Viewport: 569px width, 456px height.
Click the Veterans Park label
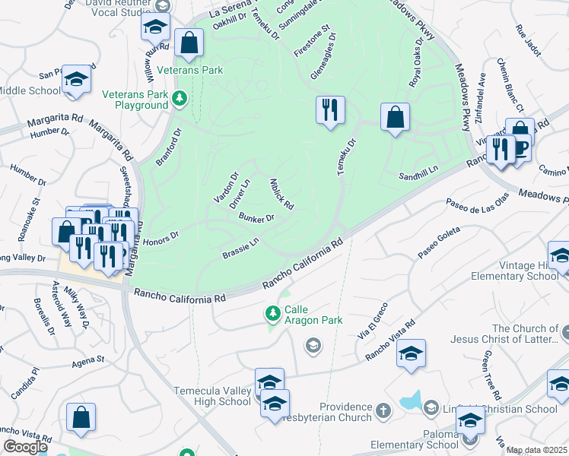point(189,70)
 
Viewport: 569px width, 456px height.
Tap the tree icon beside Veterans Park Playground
point(180,97)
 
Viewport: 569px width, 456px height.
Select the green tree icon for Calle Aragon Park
point(272,312)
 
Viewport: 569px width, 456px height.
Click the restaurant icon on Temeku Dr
point(330,110)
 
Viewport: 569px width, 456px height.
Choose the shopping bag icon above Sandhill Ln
point(395,117)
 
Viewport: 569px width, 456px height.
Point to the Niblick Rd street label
point(281,195)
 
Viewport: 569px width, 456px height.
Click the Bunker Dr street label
point(256,219)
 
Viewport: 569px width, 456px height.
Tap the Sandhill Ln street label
point(419,176)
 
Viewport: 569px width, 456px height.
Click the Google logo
point(24,447)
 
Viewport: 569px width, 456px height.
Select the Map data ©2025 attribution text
point(536,450)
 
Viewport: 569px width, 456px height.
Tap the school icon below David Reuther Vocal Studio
point(155,27)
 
